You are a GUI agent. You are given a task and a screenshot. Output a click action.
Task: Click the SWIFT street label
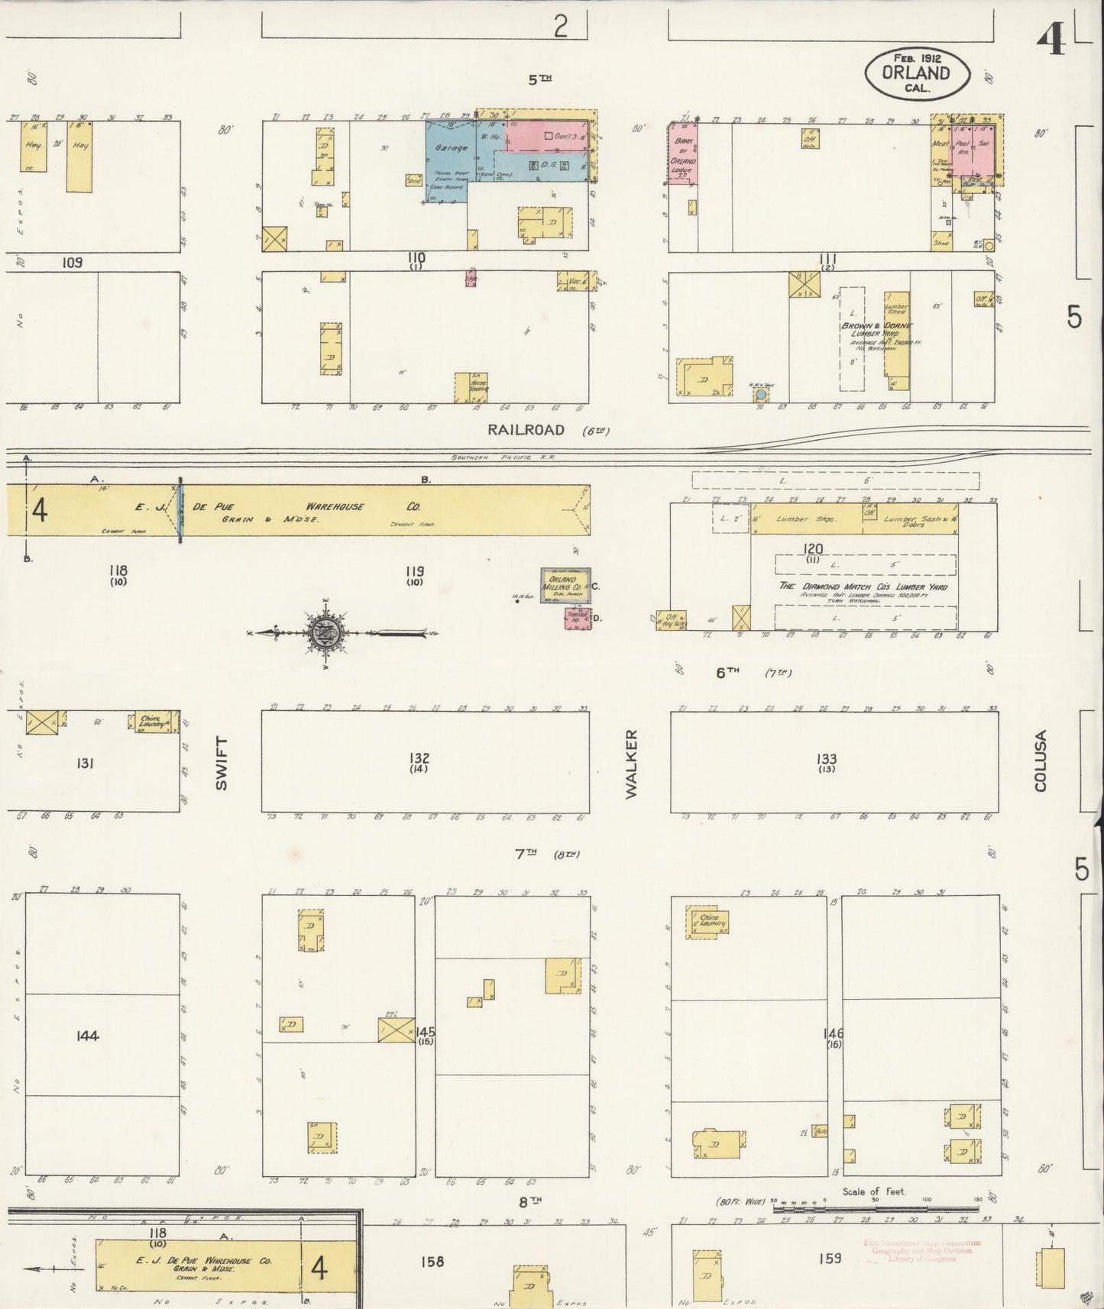click(222, 763)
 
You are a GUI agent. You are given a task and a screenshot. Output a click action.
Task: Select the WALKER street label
click(631, 764)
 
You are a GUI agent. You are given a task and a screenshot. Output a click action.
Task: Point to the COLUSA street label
click(1041, 761)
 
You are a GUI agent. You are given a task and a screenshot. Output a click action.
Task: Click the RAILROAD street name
click(527, 431)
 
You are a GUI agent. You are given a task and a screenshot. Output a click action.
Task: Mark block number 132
click(419, 758)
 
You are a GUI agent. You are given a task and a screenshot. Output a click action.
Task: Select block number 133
click(826, 759)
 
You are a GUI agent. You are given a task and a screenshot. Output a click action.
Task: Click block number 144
click(88, 1036)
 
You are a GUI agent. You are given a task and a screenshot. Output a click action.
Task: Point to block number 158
click(432, 1261)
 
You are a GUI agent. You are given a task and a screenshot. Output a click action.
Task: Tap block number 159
click(829, 1257)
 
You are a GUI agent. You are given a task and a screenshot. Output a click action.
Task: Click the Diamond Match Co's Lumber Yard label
click(864, 586)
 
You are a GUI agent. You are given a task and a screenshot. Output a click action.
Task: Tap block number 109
click(72, 263)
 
